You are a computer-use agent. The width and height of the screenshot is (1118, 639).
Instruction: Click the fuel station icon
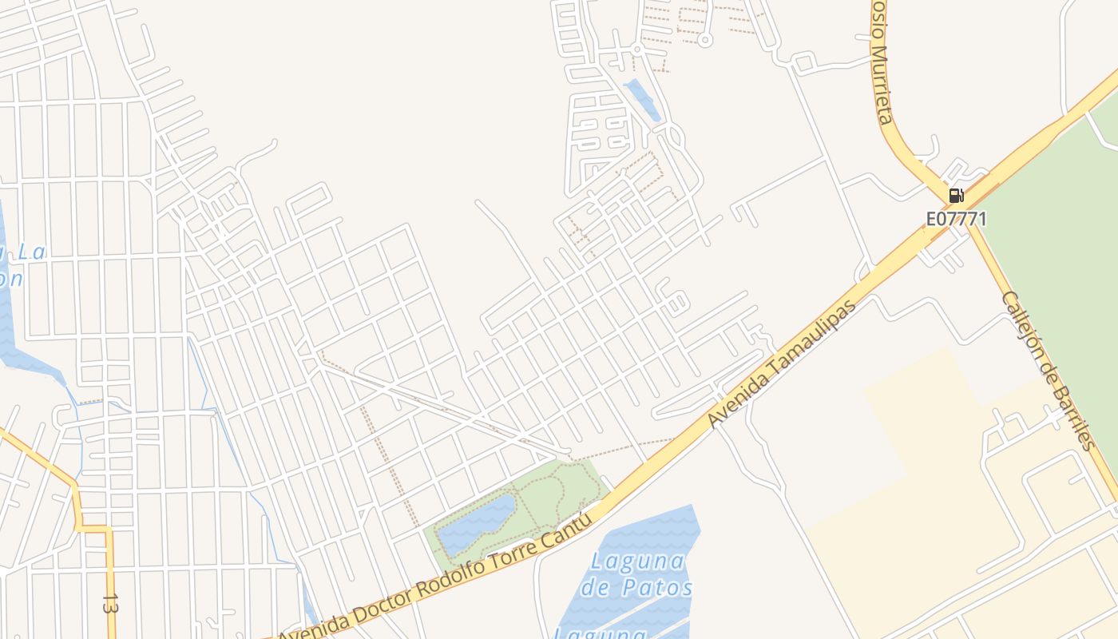[x=956, y=195]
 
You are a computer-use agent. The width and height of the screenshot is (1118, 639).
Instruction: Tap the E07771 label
[x=956, y=218]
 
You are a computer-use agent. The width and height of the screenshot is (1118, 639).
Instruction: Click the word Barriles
[x=1074, y=416]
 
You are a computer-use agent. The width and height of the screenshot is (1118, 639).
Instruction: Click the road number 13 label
[x=110, y=604]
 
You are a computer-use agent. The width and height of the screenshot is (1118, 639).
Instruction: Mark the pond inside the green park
[x=477, y=524]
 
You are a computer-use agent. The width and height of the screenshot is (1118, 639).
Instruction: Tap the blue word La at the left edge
[x=32, y=252]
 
